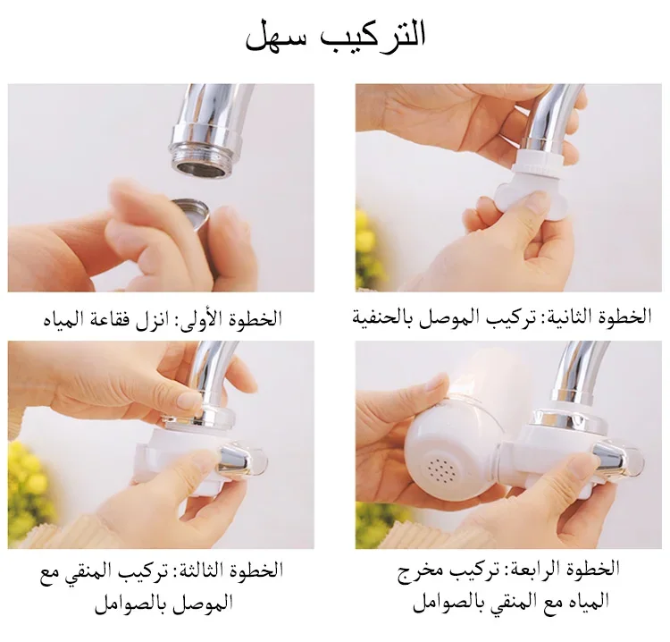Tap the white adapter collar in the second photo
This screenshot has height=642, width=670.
[540, 164]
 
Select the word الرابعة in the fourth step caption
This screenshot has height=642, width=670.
[526, 570]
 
